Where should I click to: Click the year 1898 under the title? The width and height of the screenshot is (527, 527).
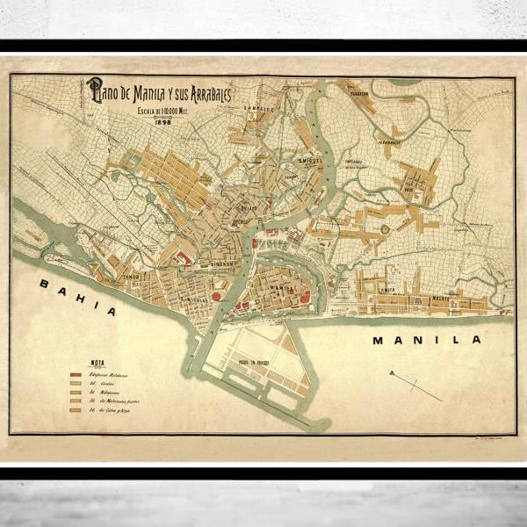click(164, 122)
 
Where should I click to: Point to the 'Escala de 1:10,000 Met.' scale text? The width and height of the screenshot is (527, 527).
click(163, 112)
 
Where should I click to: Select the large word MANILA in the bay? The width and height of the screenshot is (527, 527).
click(426, 339)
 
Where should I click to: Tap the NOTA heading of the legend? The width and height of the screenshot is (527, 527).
click(99, 361)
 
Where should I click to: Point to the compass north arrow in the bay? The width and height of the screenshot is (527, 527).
click(414, 384)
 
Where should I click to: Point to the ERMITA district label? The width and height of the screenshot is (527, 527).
click(387, 288)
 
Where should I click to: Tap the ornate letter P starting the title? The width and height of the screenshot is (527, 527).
click(93, 90)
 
